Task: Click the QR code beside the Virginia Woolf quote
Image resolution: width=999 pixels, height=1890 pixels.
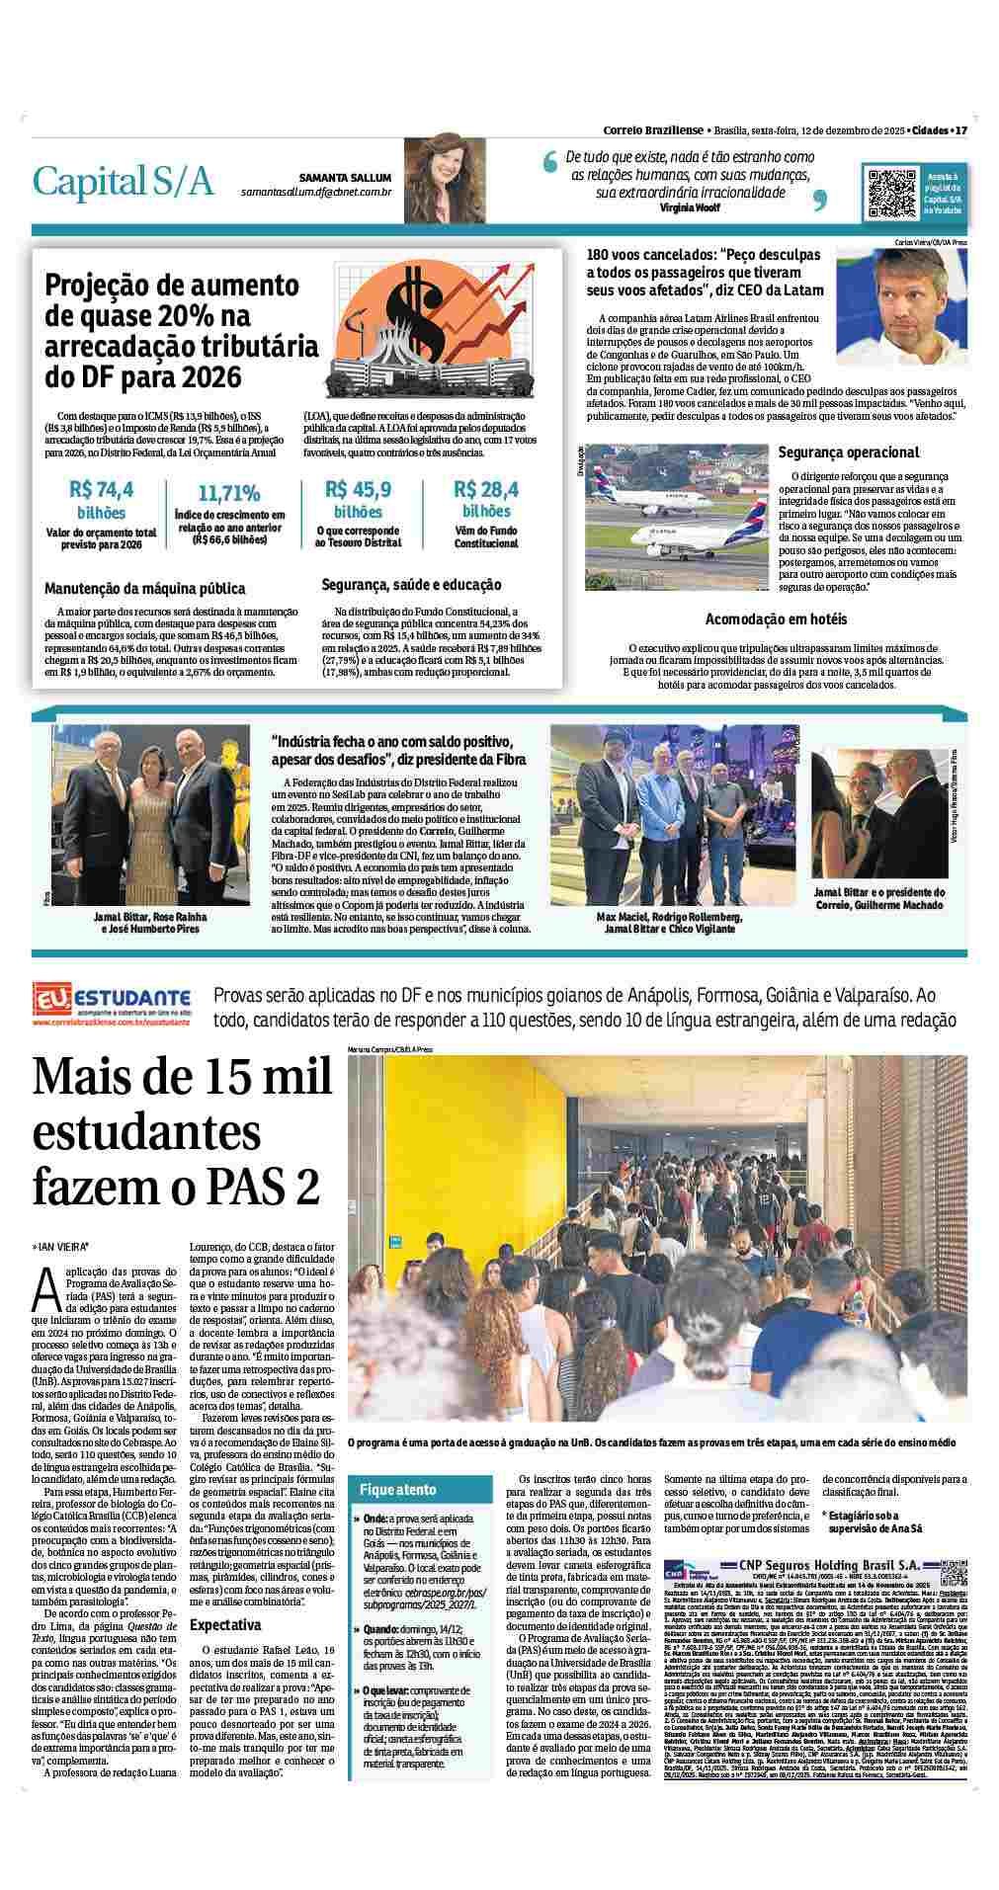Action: pyautogui.click(x=891, y=192)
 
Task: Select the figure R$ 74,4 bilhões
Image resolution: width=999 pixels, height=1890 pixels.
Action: pyautogui.click(x=102, y=500)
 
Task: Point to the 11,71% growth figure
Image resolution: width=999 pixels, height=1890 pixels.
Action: pyautogui.click(x=229, y=493)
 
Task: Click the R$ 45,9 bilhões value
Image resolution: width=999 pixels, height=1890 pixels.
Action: pyautogui.click(x=358, y=500)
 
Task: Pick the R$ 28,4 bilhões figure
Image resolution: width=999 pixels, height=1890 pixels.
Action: pyautogui.click(x=486, y=500)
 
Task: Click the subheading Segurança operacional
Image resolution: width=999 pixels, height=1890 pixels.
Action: pyautogui.click(x=848, y=452)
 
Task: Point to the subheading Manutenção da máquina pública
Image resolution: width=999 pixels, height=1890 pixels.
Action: pyautogui.click(x=144, y=588)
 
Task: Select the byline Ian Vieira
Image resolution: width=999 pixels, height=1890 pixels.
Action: pyautogui.click(x=61, y=1247)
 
